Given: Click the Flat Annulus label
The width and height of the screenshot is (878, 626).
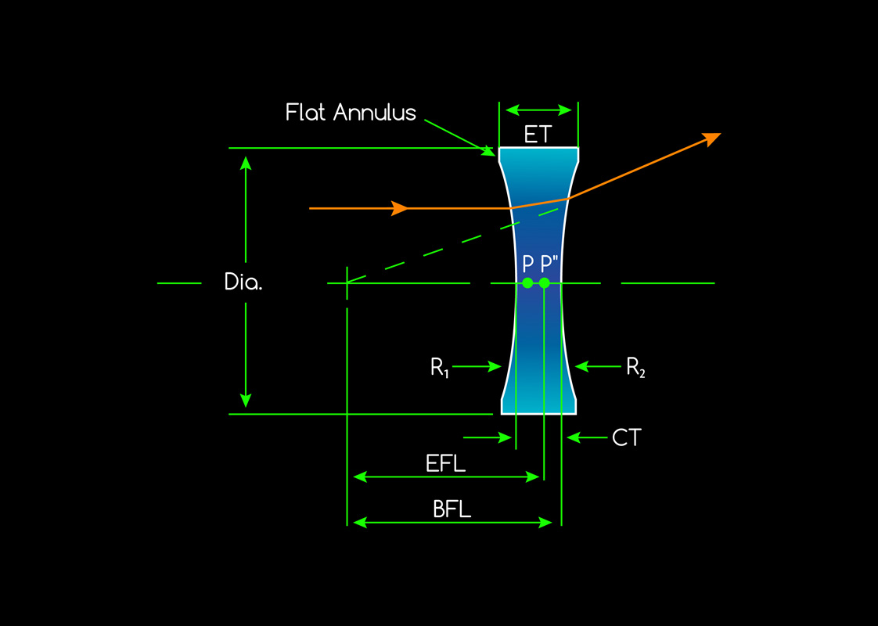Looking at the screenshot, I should (351, 113).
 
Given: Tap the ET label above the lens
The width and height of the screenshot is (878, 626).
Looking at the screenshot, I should (538, 135).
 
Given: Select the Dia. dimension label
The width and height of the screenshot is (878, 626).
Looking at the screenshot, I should (243, 282).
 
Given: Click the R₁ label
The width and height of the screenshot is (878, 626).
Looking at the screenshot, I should (438, 366).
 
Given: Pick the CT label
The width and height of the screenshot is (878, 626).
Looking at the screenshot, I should (627, 437).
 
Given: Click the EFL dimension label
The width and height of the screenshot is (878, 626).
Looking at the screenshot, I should (446, 463).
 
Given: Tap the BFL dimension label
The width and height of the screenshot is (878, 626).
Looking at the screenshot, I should (452, 510).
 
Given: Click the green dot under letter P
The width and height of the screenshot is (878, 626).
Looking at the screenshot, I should (527, 282).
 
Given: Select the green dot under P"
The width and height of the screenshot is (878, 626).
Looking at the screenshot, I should (545, 282).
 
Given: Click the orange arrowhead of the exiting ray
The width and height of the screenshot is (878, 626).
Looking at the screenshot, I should (711, 139).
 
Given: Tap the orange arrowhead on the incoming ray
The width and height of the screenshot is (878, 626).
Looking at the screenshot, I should (400, 208).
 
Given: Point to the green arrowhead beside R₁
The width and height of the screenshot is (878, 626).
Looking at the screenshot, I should (495, 366).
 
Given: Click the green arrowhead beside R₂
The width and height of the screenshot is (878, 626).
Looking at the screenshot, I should (581, 366).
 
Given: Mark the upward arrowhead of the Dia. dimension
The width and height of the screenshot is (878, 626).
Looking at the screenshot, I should (246, 163).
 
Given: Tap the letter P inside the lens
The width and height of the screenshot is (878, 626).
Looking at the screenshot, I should (528, 264).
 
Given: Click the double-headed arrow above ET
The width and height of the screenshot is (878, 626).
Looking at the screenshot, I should (538, 109).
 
